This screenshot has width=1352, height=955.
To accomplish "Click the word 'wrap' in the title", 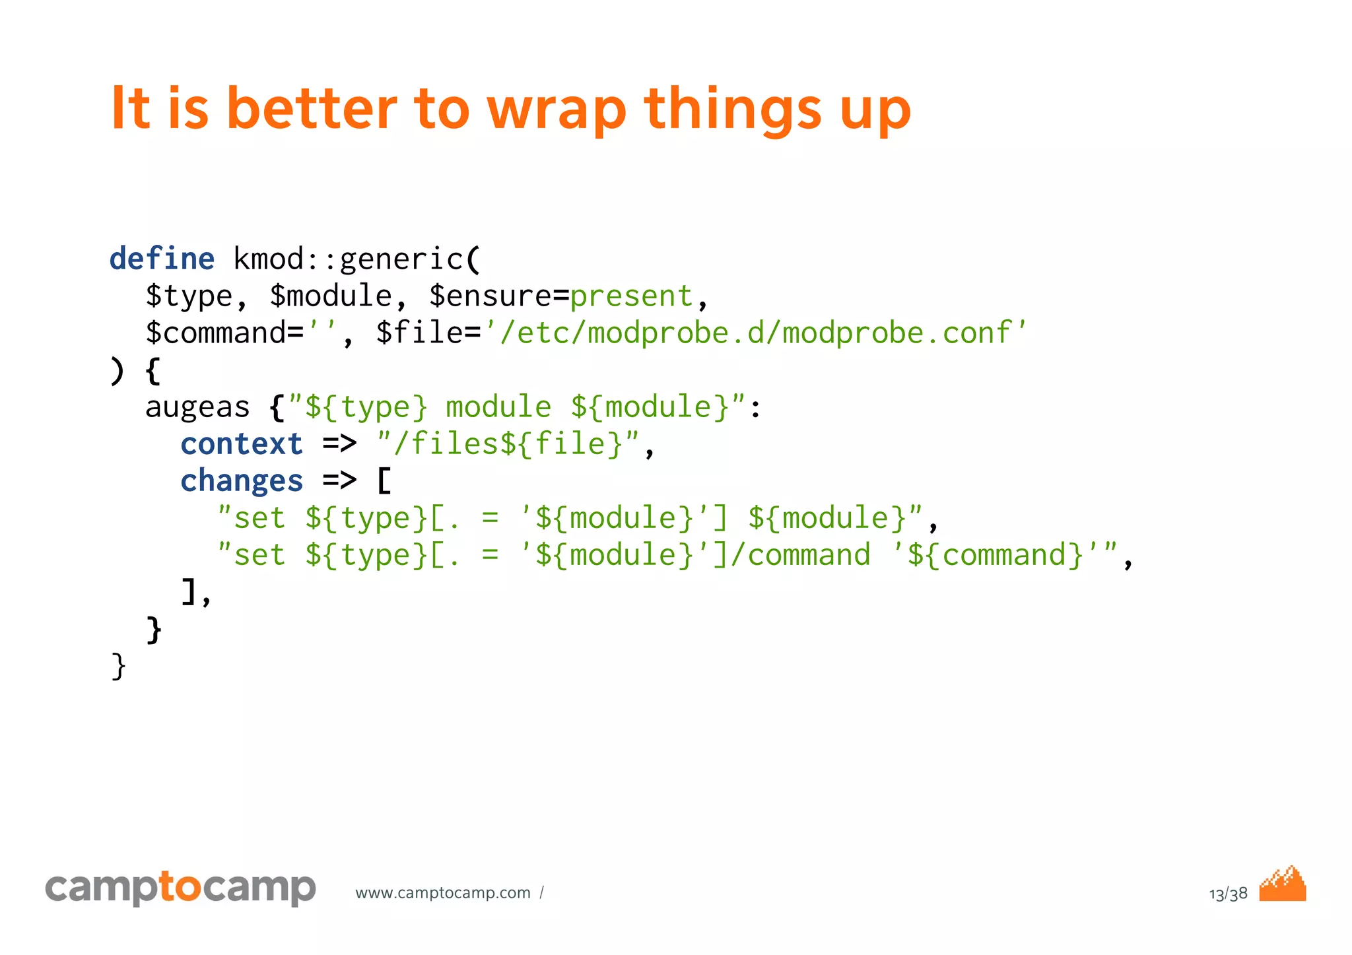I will (556, 109).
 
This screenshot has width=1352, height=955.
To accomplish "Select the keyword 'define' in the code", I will (162, 258).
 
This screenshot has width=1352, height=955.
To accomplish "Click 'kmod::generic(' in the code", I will (357, 258).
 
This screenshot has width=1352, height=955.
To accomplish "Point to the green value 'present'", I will (631, 296).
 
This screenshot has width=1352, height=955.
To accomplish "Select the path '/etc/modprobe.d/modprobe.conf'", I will (755, 333).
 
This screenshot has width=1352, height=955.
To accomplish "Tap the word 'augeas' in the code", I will (197, 407).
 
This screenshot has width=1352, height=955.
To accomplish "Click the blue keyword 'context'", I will (242, 444).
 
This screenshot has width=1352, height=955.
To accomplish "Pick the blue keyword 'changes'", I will (242, 481).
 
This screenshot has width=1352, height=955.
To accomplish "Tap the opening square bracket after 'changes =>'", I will (384, 481).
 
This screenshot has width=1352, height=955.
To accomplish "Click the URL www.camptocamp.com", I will (443, 893).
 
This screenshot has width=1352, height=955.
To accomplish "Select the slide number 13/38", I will (1228, 894).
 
